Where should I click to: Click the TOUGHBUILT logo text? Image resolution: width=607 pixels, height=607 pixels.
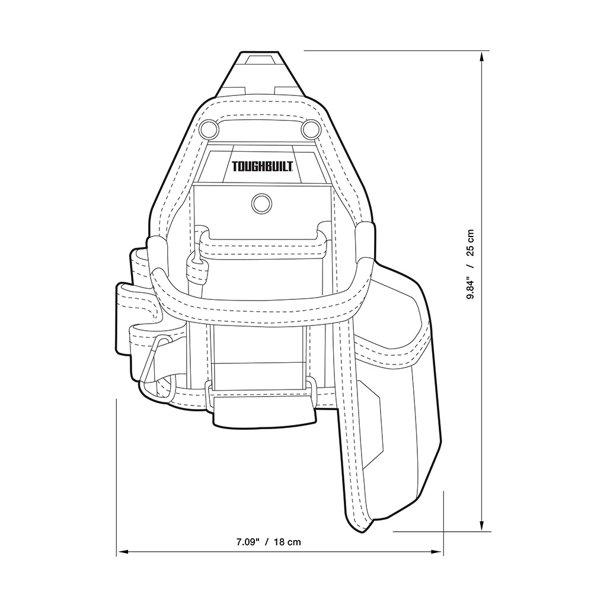coord(262,167)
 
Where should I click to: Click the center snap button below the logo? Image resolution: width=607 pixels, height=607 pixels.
coord(261,203)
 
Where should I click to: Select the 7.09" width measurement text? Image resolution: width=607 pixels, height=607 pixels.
coord(247,542)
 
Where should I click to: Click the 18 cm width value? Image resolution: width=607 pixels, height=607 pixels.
coord(287,542)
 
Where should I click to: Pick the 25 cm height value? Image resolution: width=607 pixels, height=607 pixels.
coord(470,242)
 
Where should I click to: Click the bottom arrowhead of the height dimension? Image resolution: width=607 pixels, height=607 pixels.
coord(481,525)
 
